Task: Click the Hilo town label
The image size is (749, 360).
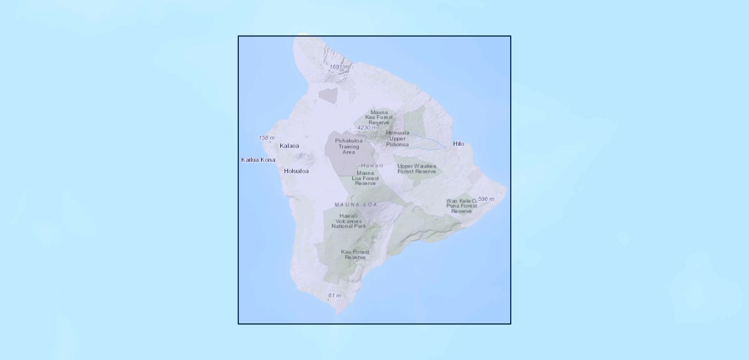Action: (x=459, y=144)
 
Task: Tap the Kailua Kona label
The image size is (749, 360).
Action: (x=258, y=160)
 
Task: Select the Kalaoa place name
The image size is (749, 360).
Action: (x=289, y=146)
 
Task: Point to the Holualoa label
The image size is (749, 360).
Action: (x=296, y=171)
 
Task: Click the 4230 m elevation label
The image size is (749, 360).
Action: (x=367, y=128)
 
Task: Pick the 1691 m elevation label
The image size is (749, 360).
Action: (x=339, y=67)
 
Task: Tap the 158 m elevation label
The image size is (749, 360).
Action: (x=266, y=138)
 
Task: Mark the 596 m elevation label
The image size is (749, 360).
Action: (x=486, y=199)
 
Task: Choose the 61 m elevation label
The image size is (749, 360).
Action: (x=334, y=295)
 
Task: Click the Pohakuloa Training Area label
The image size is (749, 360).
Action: (x=349, y=146)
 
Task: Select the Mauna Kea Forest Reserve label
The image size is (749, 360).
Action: (x=379, y=117)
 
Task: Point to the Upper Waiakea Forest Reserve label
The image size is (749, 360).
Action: (x=417, y=169)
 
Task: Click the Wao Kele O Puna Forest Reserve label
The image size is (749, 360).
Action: (x=462, y=206)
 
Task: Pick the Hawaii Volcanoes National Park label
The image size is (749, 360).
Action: (x=348, y=221)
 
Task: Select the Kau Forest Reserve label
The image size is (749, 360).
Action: (x=355, y=254)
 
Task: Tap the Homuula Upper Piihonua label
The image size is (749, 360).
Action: (x=397, y=139)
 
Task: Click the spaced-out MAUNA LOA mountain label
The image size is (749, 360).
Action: (x=356, y=205)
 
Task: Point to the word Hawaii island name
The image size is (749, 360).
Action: (x=371, y=165)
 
